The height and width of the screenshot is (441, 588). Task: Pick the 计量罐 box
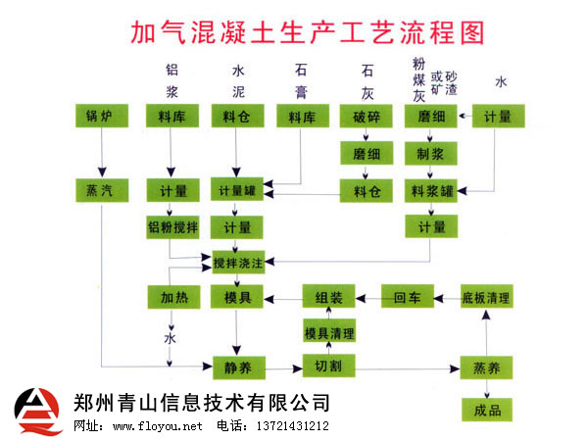point(237,190)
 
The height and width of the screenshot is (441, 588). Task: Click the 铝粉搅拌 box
point(172,227)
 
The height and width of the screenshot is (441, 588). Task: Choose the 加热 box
point(172,296)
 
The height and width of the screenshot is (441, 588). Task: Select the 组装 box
point(327,296)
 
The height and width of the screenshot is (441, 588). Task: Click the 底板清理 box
point(486,296)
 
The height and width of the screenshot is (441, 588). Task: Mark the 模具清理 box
point(327,333)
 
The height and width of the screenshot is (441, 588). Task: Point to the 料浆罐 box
point(431,190)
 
